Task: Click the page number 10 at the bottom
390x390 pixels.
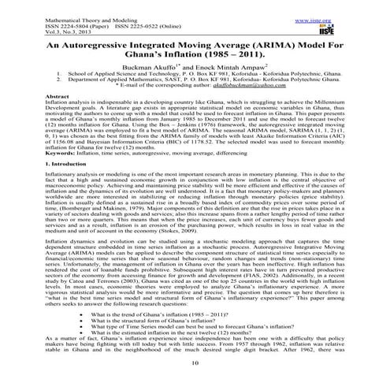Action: [x=194, y=382]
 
